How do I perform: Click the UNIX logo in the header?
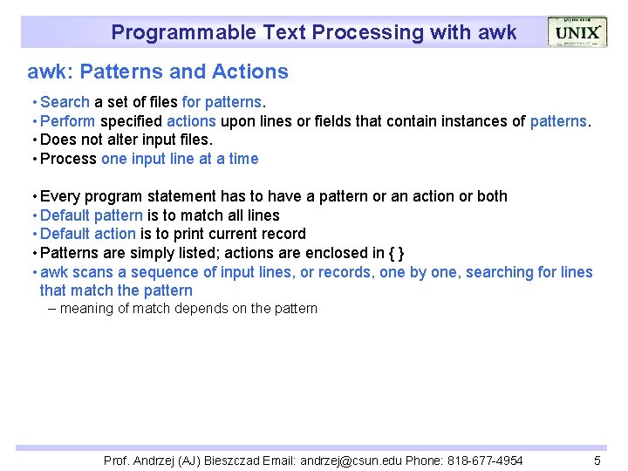[x=577, y=32]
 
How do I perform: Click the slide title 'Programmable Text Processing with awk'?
[x=313, y=33]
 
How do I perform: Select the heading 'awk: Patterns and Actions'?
[x=158, y=72]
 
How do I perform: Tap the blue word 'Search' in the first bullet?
[x=65, y=102]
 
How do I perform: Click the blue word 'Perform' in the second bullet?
[x=68, y=121]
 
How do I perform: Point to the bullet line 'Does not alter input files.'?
[x=126, y=140]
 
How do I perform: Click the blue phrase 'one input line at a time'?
[x=180, y=159]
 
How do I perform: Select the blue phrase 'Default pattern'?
[x=92, y=215]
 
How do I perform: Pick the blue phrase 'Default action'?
[x=88, y=234]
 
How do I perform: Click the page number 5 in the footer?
[x=597, y=461]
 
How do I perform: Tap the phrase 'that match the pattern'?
[x=116, y=290]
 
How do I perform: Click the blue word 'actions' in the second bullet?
[x=191, y=121]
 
